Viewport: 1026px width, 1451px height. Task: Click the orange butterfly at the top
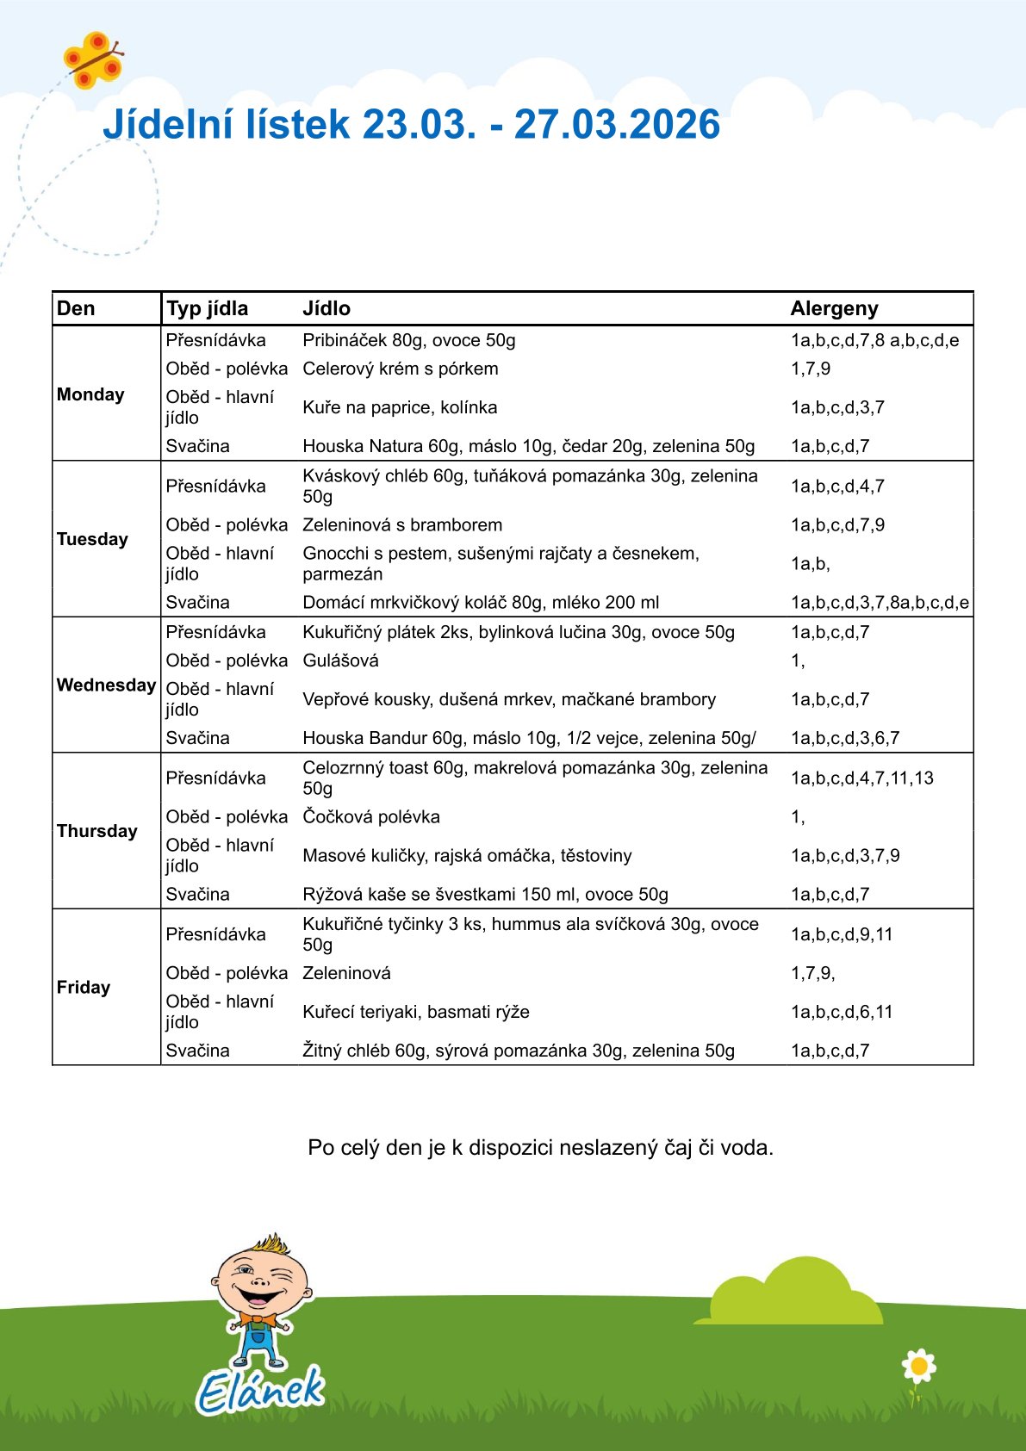click(x=92, y=59)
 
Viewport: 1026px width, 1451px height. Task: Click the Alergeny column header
click(x=834, y=308)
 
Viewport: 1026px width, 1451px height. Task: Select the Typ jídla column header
click(x=207, y=308)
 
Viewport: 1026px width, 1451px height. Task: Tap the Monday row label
click(x=90, y=394)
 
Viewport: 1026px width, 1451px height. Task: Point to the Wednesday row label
click(x=106, y=685)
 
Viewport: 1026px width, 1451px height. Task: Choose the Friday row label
click(x=84, y=987)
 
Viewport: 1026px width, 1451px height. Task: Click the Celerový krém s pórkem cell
click(x=401, y=369)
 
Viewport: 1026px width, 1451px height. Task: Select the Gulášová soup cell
click(x=340, y=660)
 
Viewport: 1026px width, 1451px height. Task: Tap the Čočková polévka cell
click(x=371, y=816)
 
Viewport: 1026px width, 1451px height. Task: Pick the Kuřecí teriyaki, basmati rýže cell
click(x=416, y=1012)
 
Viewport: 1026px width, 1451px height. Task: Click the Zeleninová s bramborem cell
click(x=402, y=524)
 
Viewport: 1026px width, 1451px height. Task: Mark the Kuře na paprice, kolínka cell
click(x=400, y=407)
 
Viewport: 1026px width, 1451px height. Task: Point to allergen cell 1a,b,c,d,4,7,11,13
click(x=861, y=778)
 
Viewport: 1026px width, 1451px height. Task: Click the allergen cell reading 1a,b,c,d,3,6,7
click(x=844, y=738)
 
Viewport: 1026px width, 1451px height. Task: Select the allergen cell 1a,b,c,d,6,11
click(x=841, y=1012)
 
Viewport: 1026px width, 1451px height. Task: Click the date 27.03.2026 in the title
click(x=617, y=125)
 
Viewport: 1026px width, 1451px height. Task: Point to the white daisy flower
click(x=918, y=1366)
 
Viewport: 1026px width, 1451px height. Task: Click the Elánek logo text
click(x=260, y=1389)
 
